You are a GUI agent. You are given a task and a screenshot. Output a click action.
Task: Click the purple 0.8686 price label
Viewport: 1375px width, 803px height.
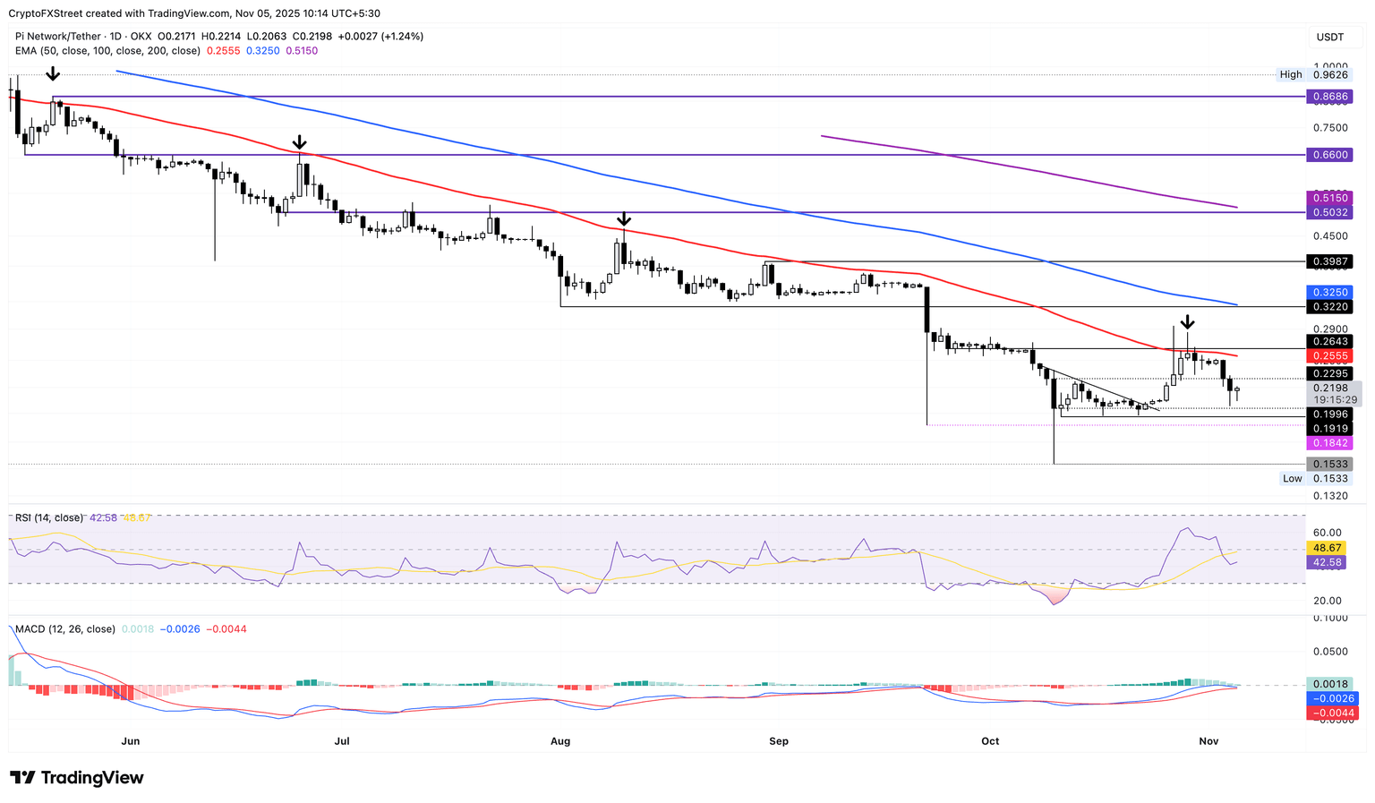[x=1328, y=96]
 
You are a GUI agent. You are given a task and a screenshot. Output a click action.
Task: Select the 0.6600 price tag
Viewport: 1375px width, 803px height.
[x=1328, y=155]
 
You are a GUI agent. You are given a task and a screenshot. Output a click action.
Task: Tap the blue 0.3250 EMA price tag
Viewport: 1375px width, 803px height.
[x=1328, y=293]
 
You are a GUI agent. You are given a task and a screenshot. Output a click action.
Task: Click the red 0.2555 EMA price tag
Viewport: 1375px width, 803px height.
[x=1328, y=356]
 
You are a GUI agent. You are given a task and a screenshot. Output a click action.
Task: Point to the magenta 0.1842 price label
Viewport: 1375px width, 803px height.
[x=1328, y=444]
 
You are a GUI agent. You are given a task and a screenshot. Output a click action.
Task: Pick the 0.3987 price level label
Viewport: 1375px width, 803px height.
[x=1328, y=261]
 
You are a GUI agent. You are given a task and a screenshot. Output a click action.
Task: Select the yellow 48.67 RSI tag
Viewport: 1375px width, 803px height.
[x=1328, y=548]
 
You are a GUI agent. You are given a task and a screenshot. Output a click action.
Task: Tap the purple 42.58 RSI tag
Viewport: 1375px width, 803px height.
[x=1328, y=563]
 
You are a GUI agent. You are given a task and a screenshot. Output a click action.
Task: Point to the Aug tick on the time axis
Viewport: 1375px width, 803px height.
[x=560, y=741]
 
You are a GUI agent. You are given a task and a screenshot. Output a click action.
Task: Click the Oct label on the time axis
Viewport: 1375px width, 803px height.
[x=990, y=741]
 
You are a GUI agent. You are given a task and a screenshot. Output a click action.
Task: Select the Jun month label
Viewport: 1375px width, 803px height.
[x=131, y=741]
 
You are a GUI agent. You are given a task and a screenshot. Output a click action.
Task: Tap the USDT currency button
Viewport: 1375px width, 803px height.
[x=1329, y=38]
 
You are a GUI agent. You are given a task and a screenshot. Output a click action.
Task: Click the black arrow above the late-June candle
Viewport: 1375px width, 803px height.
[x=300, y=142]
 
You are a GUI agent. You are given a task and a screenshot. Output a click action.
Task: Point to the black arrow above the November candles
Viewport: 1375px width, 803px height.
[x=1187, y=321]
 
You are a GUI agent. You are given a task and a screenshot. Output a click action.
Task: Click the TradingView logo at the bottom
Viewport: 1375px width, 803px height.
[x=77, y=778]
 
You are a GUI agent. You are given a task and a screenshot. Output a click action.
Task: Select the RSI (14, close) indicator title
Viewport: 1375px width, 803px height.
[x=48, y=518]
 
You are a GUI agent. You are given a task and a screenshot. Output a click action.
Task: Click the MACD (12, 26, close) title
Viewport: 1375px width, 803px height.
[x=65, y=629]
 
